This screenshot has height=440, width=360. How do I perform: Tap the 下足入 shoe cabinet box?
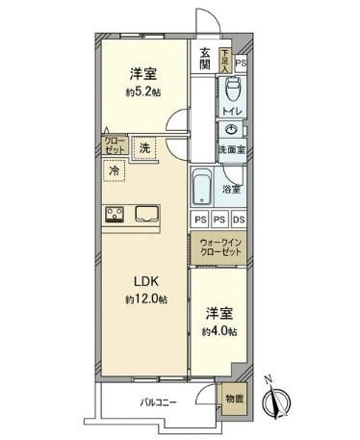click(224, 60)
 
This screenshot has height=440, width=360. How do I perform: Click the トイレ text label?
click(232, 113)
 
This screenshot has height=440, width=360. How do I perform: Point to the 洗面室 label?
click(230, 150)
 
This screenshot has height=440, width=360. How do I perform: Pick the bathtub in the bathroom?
click(203, 184)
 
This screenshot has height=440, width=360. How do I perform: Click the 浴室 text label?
click(232, 190)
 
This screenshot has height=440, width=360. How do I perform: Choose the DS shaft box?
click(237, 220)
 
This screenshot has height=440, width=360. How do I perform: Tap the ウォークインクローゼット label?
click(219, 246)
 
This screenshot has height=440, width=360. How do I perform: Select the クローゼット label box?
click(115, 145)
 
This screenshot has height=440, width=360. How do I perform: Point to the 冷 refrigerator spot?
click(116, 169)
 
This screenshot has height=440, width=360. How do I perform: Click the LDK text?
click(144, 282)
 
